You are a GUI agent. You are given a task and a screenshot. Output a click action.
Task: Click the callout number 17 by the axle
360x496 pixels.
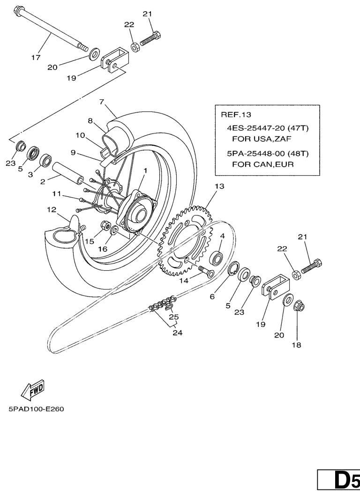click(36, 58)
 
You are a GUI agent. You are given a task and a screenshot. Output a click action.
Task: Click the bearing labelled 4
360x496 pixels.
click(217, 258)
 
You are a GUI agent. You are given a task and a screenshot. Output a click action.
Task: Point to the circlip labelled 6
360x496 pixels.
click(233, 270)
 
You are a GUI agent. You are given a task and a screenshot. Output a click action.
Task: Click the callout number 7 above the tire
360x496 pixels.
click(101, 102)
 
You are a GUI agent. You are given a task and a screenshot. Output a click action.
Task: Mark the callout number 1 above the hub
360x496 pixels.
click(145, 171)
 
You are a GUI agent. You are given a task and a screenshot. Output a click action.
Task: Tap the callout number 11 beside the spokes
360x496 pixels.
click(57, 193)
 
